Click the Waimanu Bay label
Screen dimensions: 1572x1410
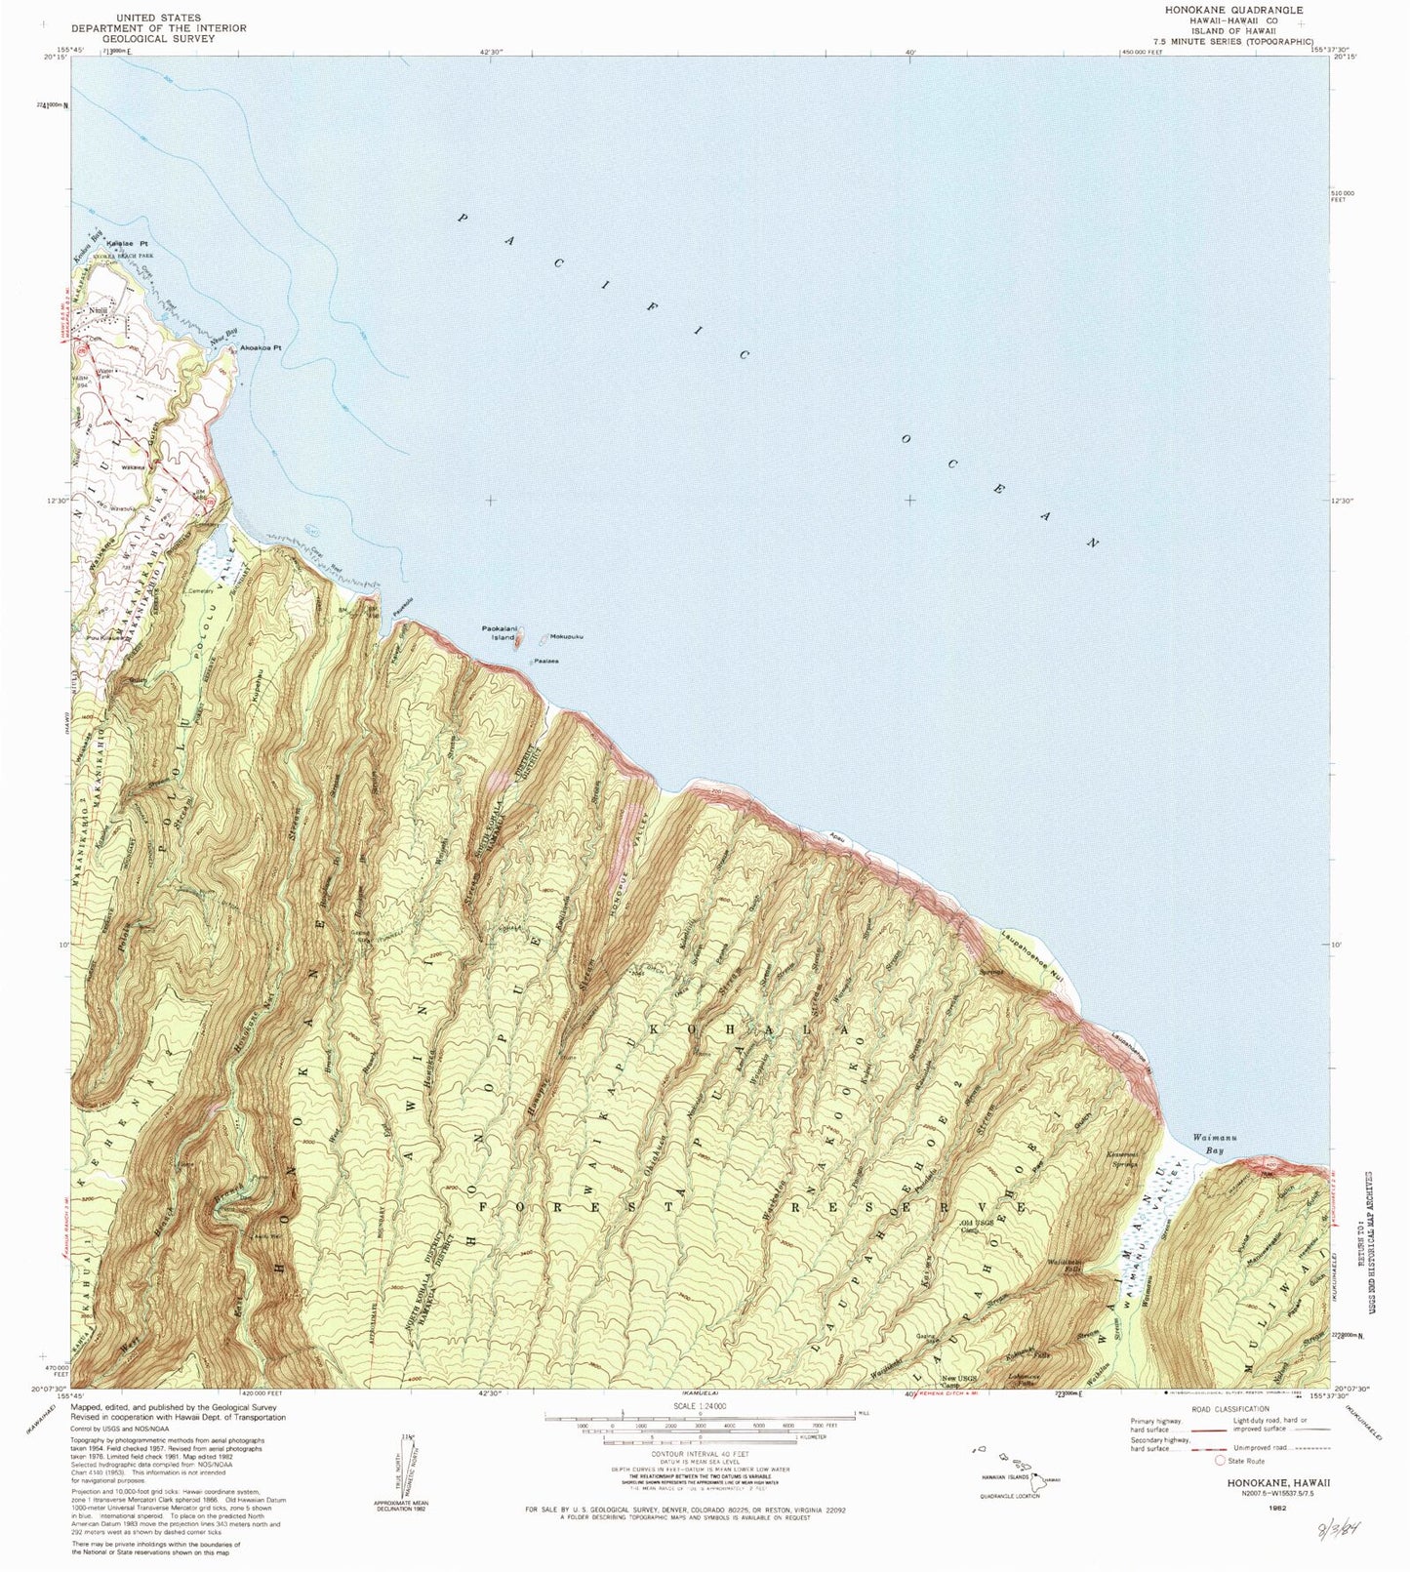pos(1208,1144)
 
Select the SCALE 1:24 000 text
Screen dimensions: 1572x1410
pos(700,1407)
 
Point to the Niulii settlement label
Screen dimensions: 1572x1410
pos(97,310)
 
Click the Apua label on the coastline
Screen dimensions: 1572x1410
pos(837,836)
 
